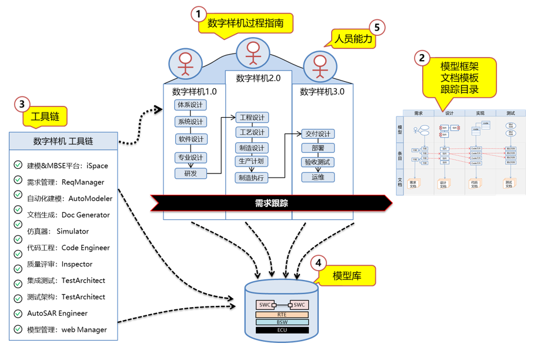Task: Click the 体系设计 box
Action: (191, 105)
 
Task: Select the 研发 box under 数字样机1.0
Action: (191, 174)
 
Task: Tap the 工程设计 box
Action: (252, 118)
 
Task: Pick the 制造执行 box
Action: (252, 178)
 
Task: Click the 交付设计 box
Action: (318, 134)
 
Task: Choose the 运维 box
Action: (318, 177)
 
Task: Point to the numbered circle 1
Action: (199, 14)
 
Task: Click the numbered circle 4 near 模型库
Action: (318, 263)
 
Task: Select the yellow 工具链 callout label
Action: (45, 118)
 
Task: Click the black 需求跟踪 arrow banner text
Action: (271, 204)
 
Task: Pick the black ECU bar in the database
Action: (282, 330)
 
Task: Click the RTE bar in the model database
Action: (282, 315)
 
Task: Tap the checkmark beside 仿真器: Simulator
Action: (18, 231)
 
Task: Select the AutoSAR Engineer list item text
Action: (57, 314)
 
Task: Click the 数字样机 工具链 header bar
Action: (64, 141)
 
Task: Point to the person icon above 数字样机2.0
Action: (253, 53)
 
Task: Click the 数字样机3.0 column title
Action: (322, 92)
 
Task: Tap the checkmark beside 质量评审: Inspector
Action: (18, 264)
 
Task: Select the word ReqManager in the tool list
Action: (83, 182)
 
